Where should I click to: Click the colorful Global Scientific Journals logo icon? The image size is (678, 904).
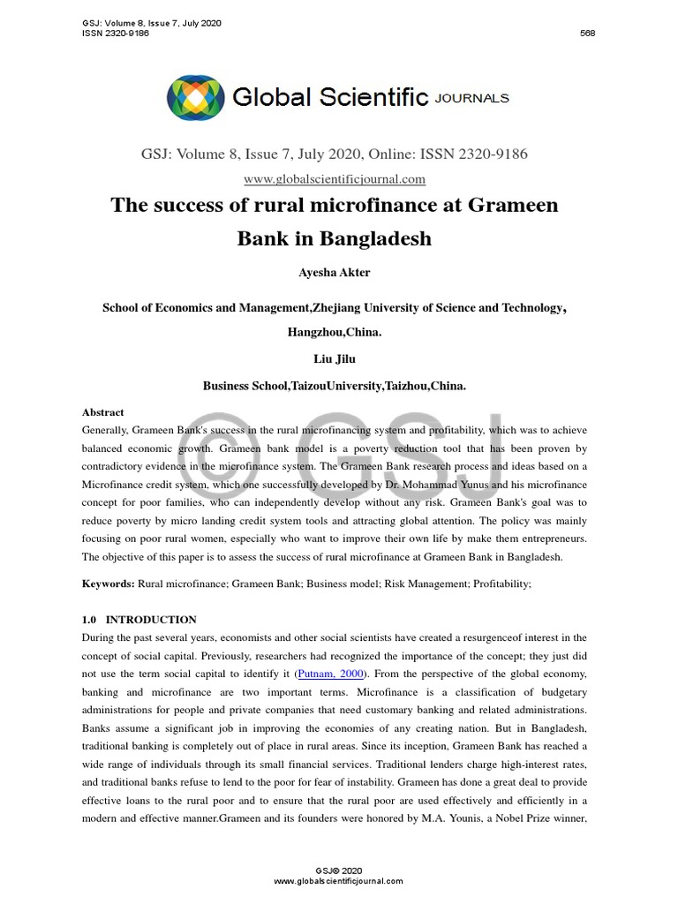point(196,97)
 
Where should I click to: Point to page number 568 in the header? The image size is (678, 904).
point(587,34)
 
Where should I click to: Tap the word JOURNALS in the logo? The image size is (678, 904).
point(471,98)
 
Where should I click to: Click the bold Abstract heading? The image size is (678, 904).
point(103,412)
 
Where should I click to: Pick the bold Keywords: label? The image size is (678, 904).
point(109,584)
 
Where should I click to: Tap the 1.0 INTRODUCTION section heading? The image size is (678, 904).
point(139,620)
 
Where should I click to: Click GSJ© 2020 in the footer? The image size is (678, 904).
point(338,870)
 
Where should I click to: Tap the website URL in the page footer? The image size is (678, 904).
point(338,881)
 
